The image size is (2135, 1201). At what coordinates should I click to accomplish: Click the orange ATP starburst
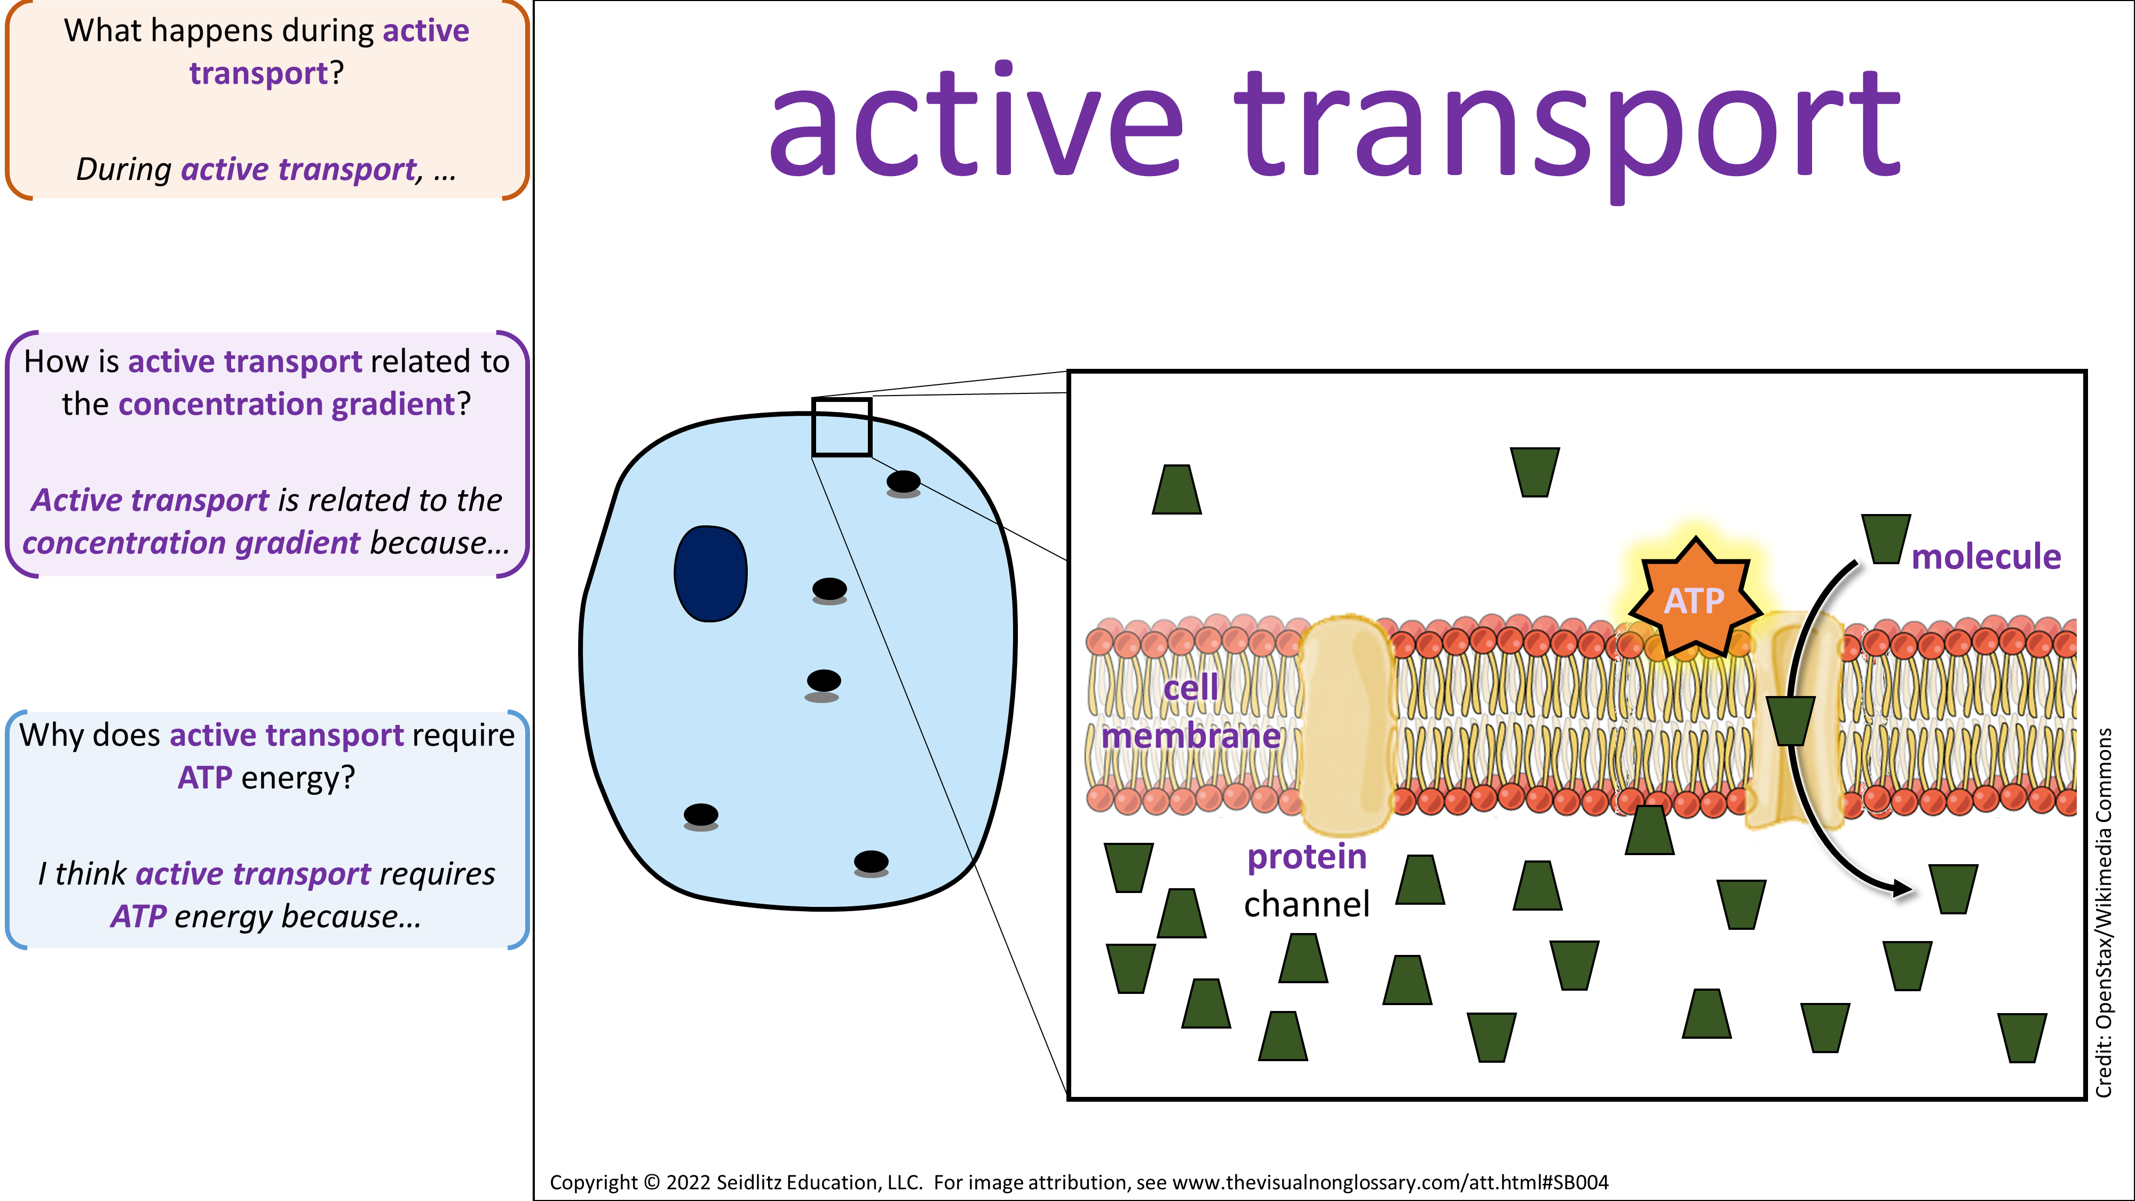click(x=1695, y=598)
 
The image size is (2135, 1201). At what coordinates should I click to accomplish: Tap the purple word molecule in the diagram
click(x=1986, y=556)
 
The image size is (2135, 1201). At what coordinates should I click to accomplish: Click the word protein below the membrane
click(x=1307, y=858)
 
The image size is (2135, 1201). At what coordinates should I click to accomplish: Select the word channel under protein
click(x=1307, y=904)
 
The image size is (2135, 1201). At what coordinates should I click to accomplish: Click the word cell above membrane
click(x=1191, y=687)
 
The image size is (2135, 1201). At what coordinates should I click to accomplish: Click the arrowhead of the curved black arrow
click(x=1902, y=889)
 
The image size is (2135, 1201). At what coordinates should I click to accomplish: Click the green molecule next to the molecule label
click(x=1886, y=539)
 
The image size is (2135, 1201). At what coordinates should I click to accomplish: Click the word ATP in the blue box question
click(x=205, y=778)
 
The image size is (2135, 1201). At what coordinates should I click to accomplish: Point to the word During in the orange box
click(x=123, y=169)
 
